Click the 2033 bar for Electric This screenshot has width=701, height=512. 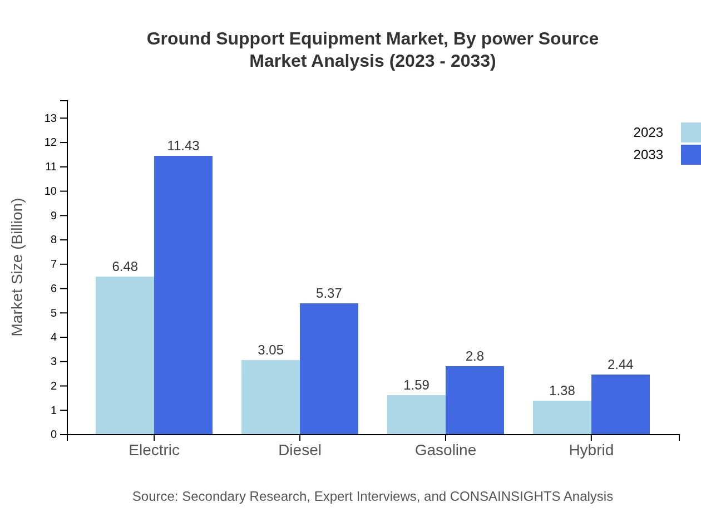click(183, 295)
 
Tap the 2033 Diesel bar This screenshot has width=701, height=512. click(329, 368)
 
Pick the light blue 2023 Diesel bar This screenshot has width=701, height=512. click(270, 397)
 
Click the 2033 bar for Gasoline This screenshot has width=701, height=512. click(475, 400)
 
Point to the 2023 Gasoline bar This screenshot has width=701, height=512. click(416, 415)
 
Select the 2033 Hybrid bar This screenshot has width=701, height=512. click(620, 404)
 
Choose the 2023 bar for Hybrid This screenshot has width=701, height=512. click(562, 417)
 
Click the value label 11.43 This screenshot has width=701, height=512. click(183, 146)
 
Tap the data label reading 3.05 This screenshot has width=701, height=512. click(270, 350)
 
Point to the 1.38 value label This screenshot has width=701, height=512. click(562, 391)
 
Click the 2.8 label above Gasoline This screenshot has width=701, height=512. click(475, 356)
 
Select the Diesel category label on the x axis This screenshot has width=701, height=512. click(300, 450)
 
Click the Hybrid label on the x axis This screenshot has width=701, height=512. click(591, 450)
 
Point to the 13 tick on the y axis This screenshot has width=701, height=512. click(51, 118)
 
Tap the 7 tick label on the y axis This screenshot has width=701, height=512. click(53, 264)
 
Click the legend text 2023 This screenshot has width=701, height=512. click(648, 132)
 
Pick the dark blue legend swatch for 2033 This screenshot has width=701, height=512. click(690, 155)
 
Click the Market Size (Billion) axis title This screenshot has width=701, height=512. click(18, 267)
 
